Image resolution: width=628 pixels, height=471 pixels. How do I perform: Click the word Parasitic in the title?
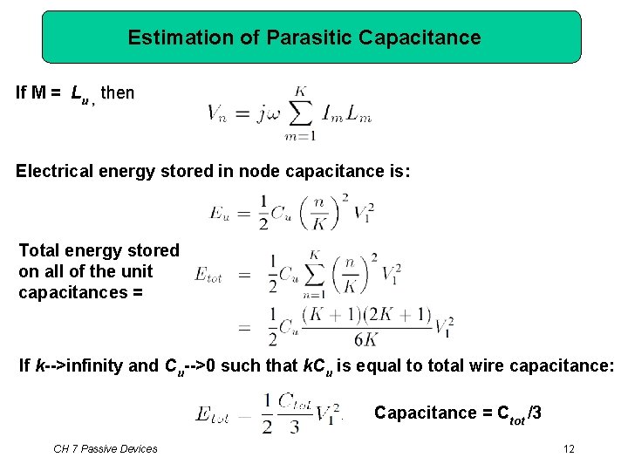pos(309,38)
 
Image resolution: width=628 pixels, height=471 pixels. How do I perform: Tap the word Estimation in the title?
pos(169,38)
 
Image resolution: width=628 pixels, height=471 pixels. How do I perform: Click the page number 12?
pos(569,448)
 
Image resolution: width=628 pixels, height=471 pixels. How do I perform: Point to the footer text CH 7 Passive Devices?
pos(106,448)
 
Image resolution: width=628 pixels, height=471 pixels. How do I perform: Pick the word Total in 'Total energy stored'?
pos(39,251)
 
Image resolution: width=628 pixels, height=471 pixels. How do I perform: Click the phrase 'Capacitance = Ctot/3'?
pos(457,413)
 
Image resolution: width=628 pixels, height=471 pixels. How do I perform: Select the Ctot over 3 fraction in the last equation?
pos(295,412)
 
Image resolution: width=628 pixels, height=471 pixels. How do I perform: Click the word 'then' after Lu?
pos(118,92)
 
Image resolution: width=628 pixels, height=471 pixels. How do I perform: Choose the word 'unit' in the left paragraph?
pos(138,271)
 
